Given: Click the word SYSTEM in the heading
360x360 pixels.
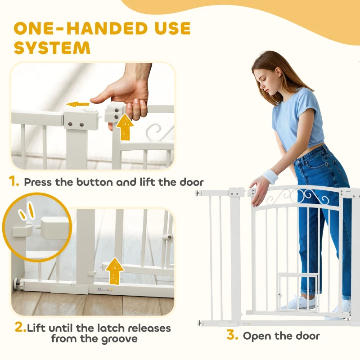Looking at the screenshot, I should (52, 48).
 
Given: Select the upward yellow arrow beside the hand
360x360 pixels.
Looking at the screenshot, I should (125, 127).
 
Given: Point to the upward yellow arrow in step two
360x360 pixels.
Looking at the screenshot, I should (115, 270).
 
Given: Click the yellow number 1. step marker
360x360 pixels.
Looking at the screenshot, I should (14, 182).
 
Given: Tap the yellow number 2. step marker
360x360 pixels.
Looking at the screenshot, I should (20, 328).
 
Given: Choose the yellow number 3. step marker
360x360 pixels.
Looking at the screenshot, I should (232, 335).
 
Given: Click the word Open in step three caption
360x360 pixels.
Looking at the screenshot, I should (258, 336).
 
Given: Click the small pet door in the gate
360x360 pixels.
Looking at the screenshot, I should (291, 292).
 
